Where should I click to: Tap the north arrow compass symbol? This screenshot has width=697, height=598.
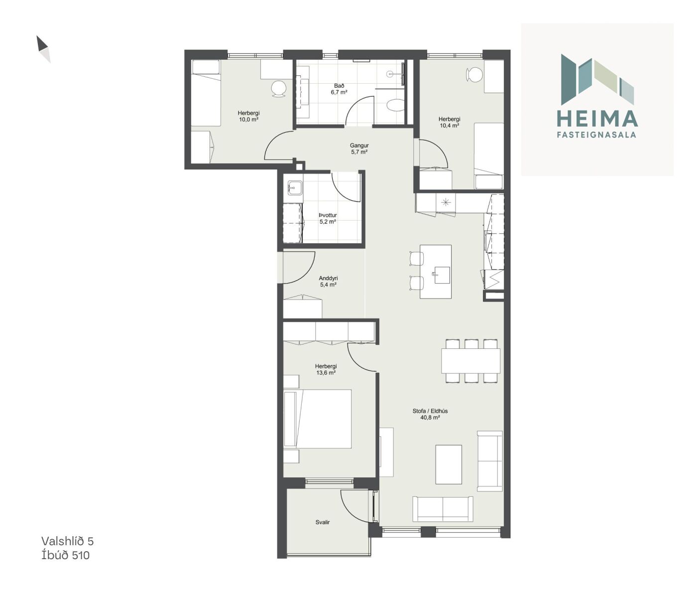[x=43, y=49]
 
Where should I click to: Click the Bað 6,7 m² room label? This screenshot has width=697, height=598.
[x=339, y=89]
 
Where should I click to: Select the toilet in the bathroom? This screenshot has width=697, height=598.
[x=395, y=105]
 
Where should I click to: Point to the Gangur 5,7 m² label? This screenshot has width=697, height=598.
[x=359, y=149]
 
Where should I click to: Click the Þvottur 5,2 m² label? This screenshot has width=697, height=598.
[x=328, y=218]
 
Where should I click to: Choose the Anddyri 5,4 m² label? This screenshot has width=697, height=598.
[x=328, y=282]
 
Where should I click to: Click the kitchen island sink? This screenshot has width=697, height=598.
[x=442, y=275]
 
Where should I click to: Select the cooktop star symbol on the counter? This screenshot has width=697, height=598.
[x=446, y=202]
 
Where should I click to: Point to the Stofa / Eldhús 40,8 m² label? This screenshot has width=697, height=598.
[x=430, y=414]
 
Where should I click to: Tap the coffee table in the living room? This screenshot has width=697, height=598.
[x=449, y=464]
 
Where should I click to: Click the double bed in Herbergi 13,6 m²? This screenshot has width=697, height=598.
[x=318, y=419]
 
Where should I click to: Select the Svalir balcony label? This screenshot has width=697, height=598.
[x=323, y=522]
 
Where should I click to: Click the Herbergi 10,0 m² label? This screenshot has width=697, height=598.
[x=248, y=116]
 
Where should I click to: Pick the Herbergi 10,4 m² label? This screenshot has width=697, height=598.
[x=449, y=122]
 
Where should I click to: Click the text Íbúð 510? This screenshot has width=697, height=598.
[x=65, y=555]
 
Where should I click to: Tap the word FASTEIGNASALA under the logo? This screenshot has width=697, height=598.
[x=596, y=135]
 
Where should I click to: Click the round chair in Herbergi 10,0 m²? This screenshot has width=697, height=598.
[x=278, y=89]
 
